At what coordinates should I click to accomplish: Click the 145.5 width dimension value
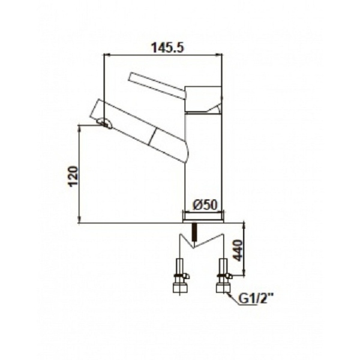(167, 48)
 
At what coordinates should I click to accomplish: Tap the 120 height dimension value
(74, 176)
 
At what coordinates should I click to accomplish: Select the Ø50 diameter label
(205, 205)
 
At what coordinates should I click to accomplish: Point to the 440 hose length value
(238, 250)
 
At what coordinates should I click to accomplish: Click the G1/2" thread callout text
(256, 299)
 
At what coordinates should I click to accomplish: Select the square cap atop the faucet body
(203, 100)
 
